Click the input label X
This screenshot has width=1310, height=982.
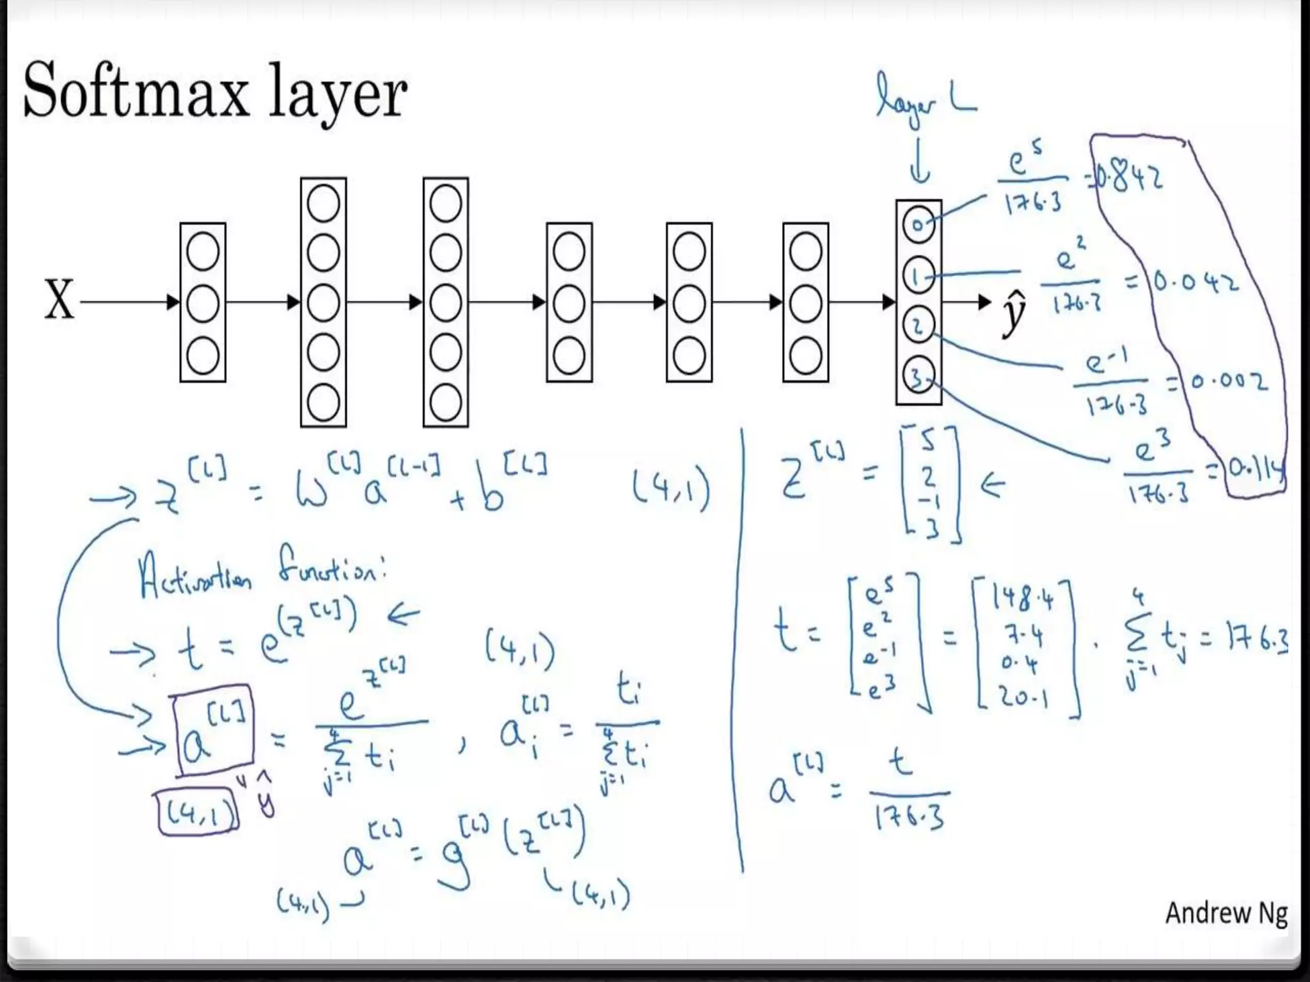[x=59, y=300]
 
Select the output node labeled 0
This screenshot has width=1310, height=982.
[x=919, y=224]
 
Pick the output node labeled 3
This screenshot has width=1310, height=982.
[x=919, y=377]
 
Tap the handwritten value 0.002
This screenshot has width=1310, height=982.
[x=1228, y=382]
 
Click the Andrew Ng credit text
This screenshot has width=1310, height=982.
[x=1225, y=913]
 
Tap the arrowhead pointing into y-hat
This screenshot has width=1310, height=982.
[x=985, y=302]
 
